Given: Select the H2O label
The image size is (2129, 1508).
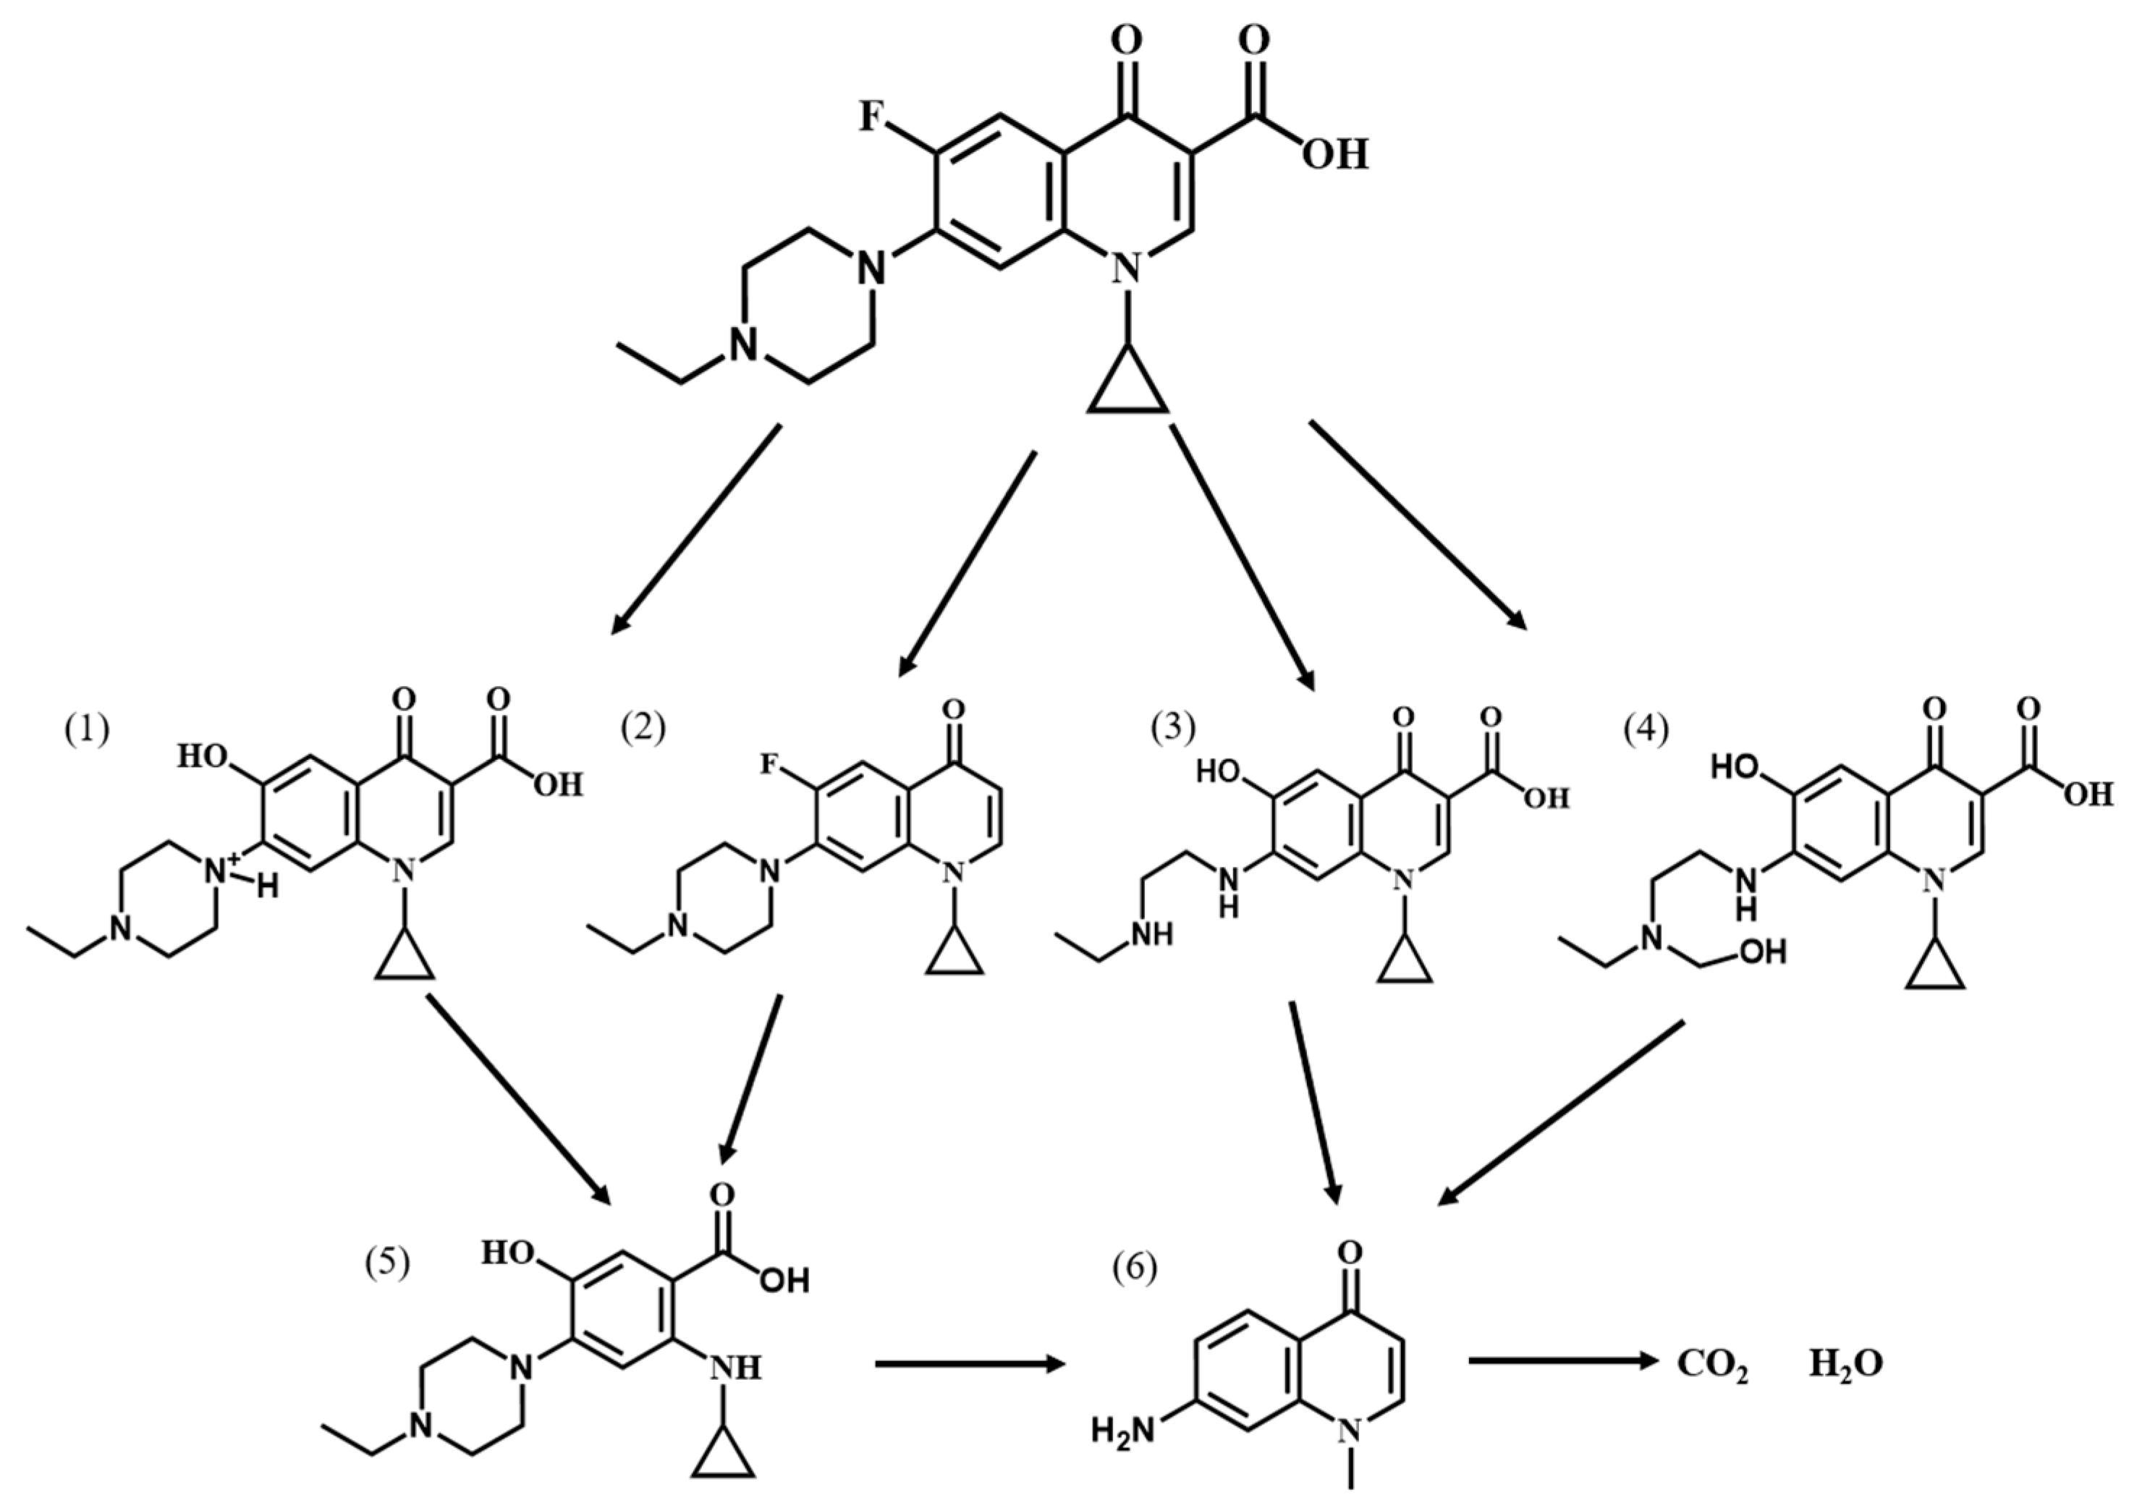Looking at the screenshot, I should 1846,1363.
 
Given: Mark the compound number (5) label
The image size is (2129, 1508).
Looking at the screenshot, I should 387,1265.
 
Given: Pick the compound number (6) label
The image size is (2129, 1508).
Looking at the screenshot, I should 1135,1268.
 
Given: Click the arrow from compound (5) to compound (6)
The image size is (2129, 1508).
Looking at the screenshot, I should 970,1364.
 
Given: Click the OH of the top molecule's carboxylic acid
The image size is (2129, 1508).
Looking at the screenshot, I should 1334,153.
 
